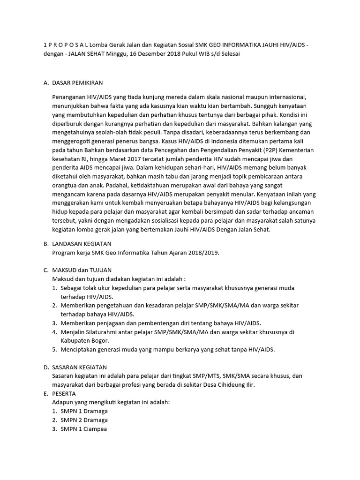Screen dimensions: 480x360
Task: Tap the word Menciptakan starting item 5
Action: (x=80, y=349)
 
